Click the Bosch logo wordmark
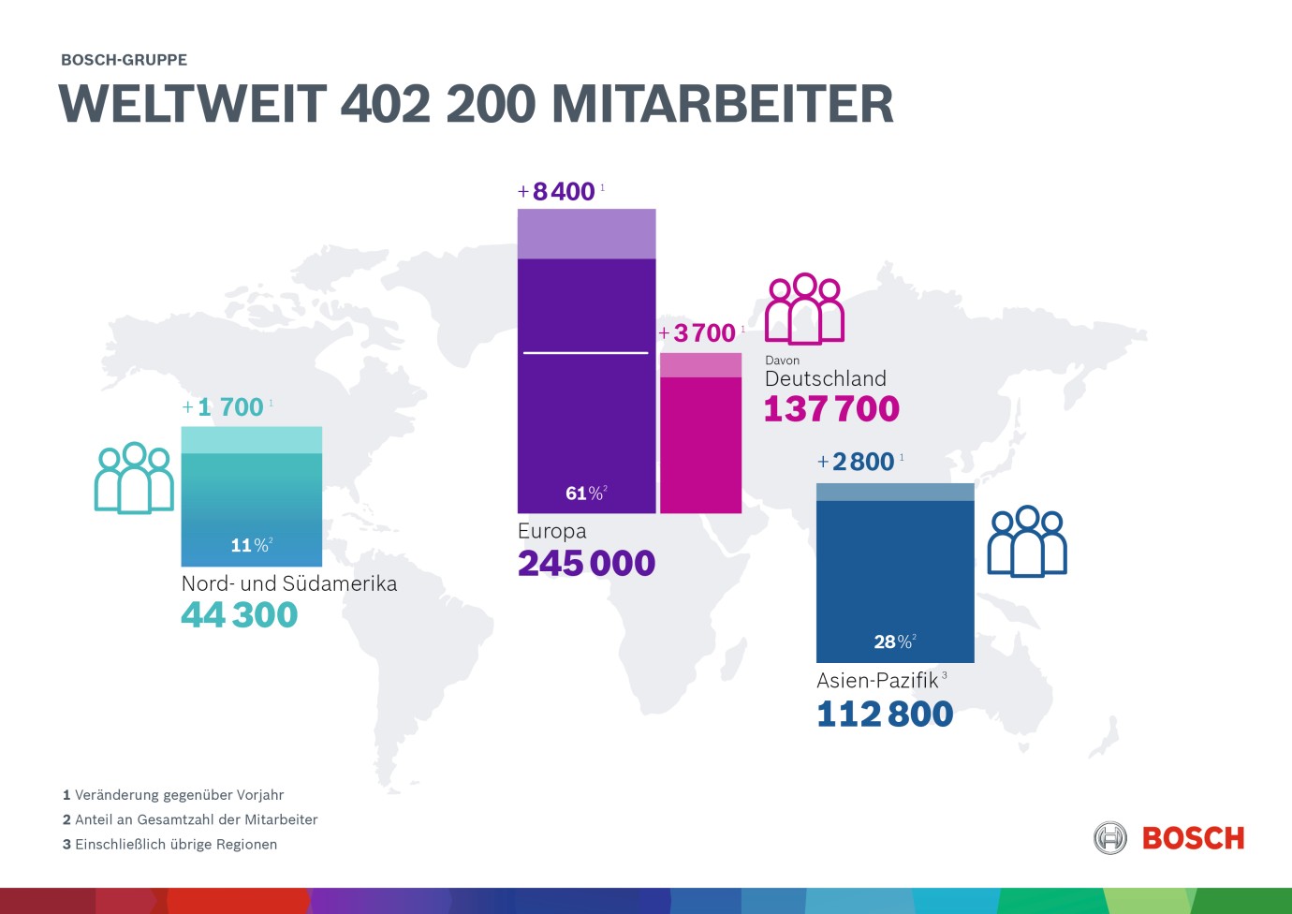pyautogui.click(x=1193, y=838)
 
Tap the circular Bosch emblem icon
pyautogui.click(x=1110, y=838)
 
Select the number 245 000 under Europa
pyautogui.click(x=586, y=563)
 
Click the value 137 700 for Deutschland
pyautogui.click(x=831, y=409)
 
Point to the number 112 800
pyautogui.click(x=885, y=715)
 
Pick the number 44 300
pyautogui.click(x=240, y=615)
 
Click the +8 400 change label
pyautogui.click(x=558, y=192)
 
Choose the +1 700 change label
pyautogui.click(x=224, y=407)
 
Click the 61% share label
pyautogui.click(x=585, y=494)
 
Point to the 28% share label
pyautogui.click(x=893, y=641)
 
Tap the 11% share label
pyautogui.click(x=250, y=545)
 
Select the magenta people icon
pyautogui.click(x=804, y=309)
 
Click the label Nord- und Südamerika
pyautogui.click(x=289, y=583)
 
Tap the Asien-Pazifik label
pyautogui.click(x=877, y=681)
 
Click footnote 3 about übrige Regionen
pyautogui.click(x=169, y=845)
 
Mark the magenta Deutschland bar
pyautogui.click(x=700, y=440)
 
